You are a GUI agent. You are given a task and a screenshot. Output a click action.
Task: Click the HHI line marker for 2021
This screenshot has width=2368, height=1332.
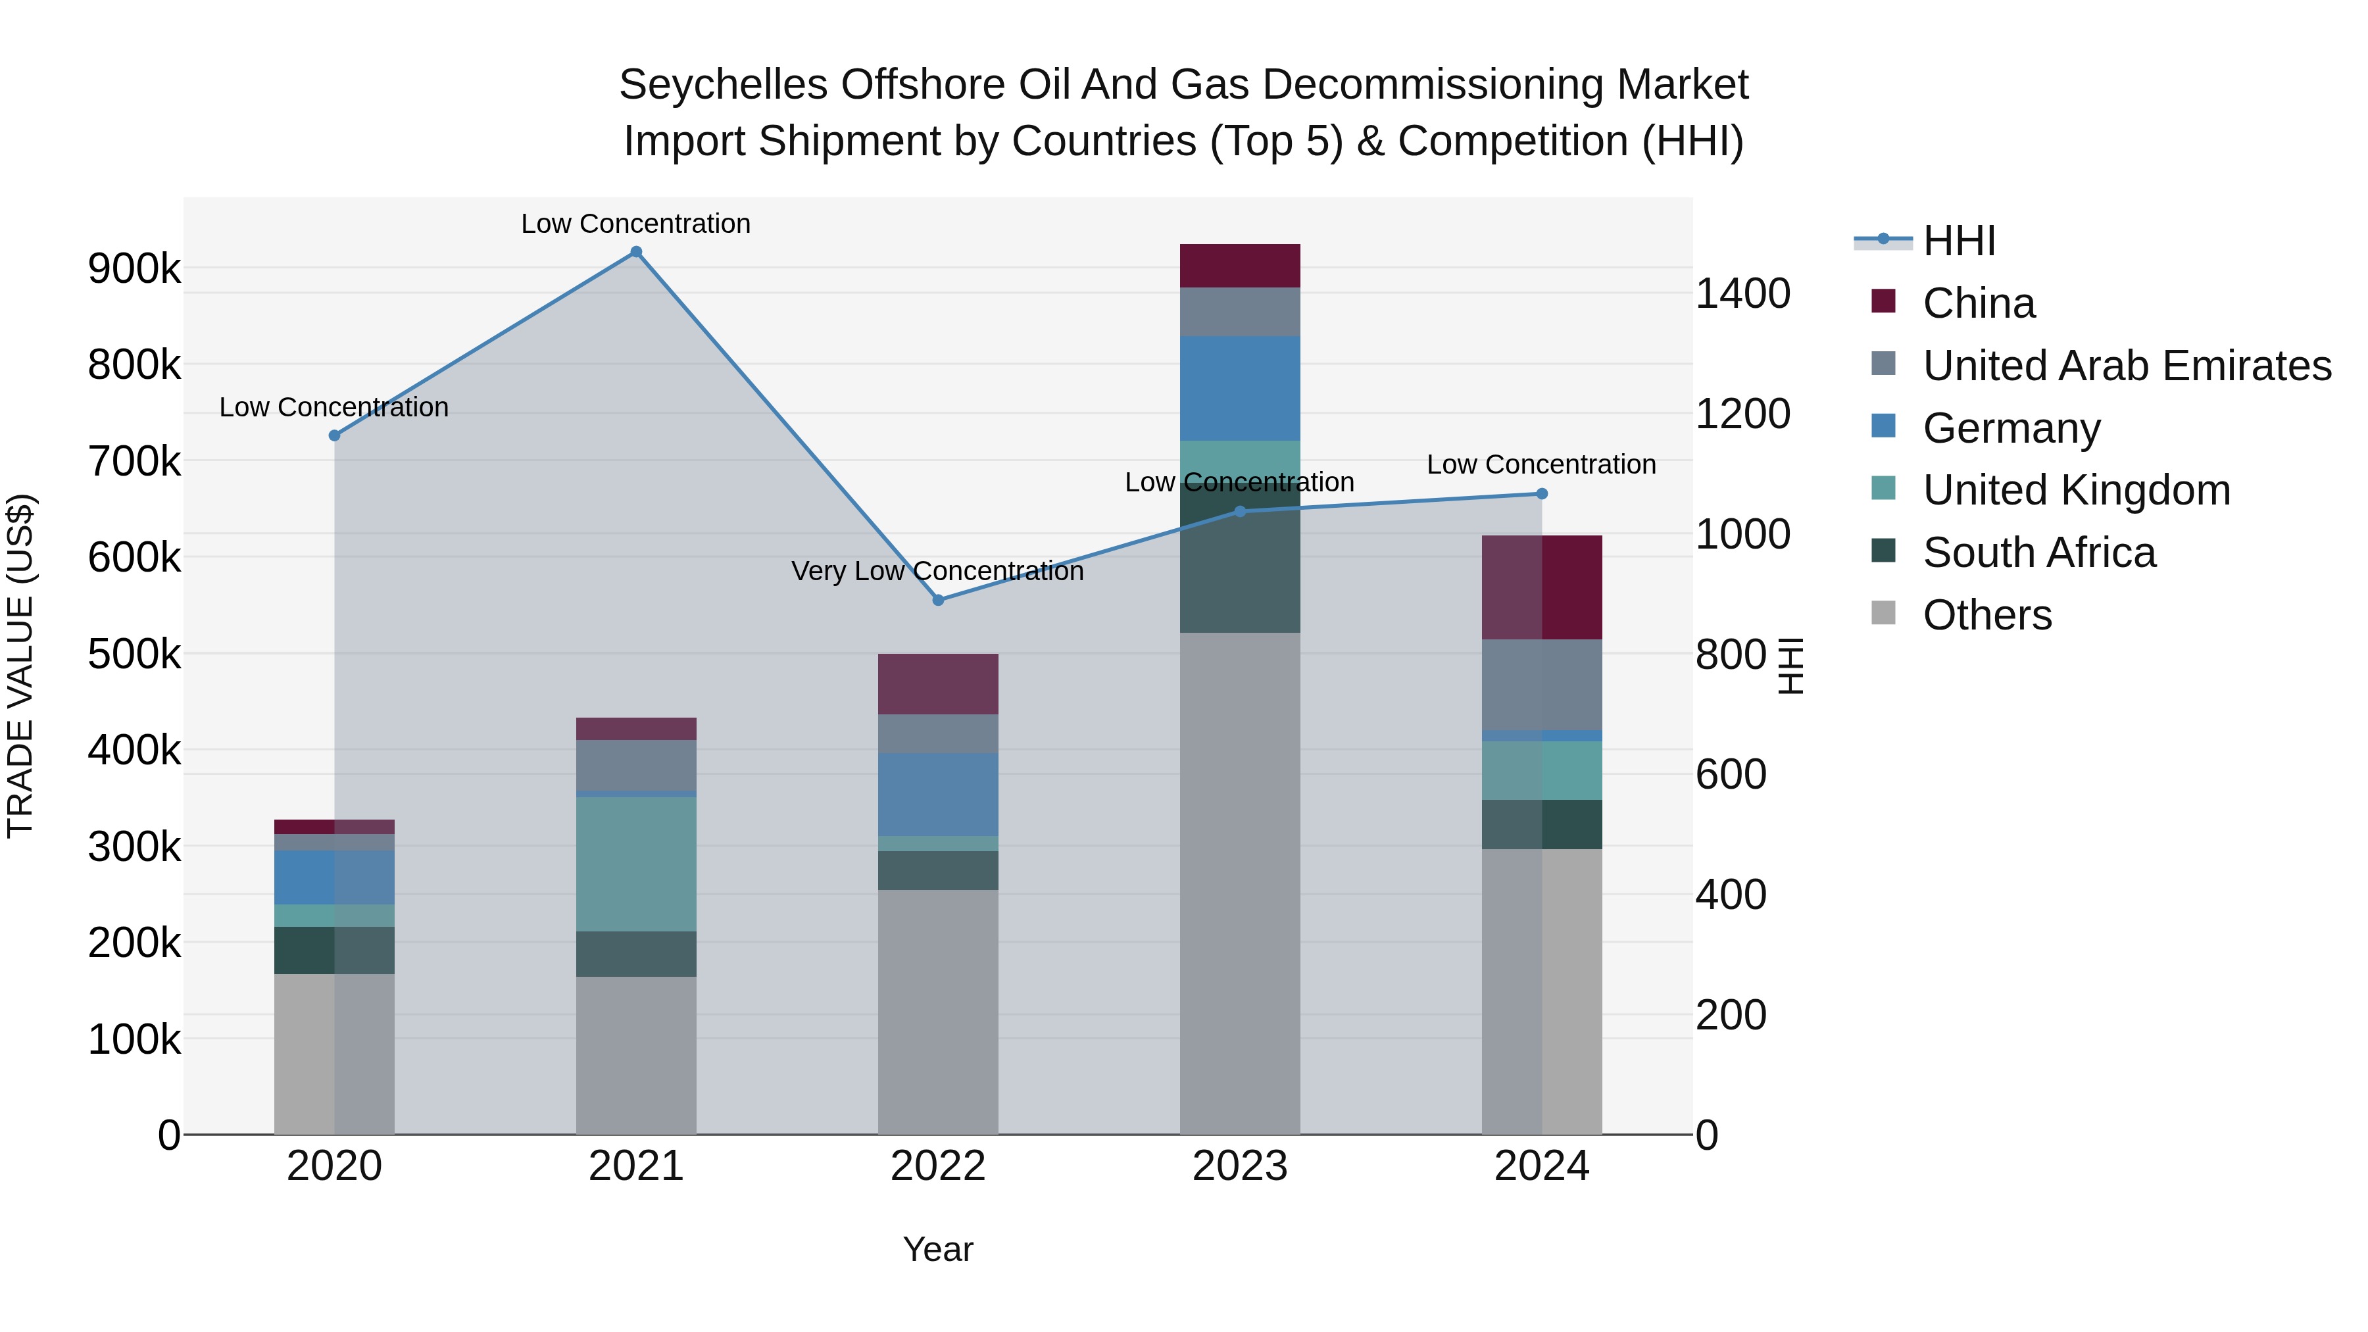tap(636, 252)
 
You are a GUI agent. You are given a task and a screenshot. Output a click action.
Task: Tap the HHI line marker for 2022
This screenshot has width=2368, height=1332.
tap(937, 601)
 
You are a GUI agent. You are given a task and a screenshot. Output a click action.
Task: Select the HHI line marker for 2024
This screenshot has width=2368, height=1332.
tap(1542, 493)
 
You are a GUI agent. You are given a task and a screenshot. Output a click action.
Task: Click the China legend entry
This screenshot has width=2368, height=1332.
tap(1978, 303)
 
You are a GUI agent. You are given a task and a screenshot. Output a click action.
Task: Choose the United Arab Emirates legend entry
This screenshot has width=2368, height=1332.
tap(2126, 366)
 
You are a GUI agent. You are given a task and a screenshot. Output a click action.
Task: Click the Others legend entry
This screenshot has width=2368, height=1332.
tap(1986, 615)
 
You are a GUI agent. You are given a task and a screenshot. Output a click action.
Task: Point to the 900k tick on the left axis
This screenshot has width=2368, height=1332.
tap(134, 269)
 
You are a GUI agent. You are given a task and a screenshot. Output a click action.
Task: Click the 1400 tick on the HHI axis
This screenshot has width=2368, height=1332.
tap(1742, 294)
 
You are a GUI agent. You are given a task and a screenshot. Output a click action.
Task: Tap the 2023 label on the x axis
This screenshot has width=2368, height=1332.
tap(1239, 1166)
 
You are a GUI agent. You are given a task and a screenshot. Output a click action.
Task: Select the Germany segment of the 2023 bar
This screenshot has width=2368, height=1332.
tap(1239, 388)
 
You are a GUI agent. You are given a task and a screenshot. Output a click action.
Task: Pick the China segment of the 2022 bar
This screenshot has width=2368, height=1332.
tap(937, 684)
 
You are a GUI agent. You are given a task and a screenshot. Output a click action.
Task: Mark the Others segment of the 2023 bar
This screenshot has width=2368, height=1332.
tap(1239, 883)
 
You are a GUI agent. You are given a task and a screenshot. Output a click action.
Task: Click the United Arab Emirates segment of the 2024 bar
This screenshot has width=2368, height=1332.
tap(1542, 684)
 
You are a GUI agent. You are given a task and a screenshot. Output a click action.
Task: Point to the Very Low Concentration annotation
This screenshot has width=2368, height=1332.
tap(937, 571)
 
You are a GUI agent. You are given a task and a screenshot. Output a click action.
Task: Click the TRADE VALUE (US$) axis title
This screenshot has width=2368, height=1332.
tap(20, 666)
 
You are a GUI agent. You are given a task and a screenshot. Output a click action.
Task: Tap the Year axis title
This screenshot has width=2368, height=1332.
tap(937, 1249)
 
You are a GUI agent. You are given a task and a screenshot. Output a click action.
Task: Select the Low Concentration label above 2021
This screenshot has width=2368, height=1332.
tap(636, 224)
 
